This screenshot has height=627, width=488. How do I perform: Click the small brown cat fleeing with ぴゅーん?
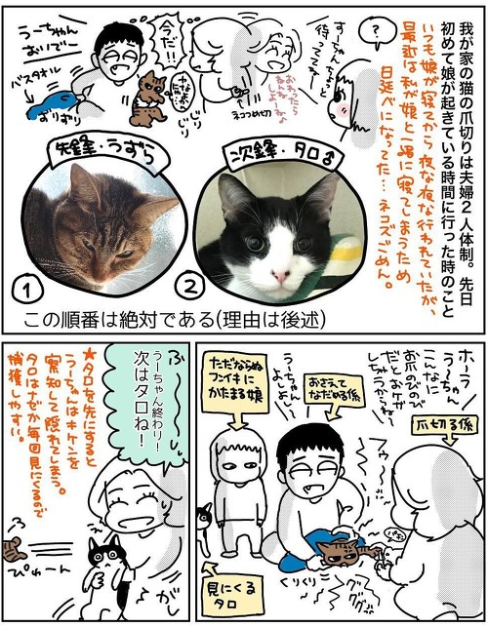point(13,549)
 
